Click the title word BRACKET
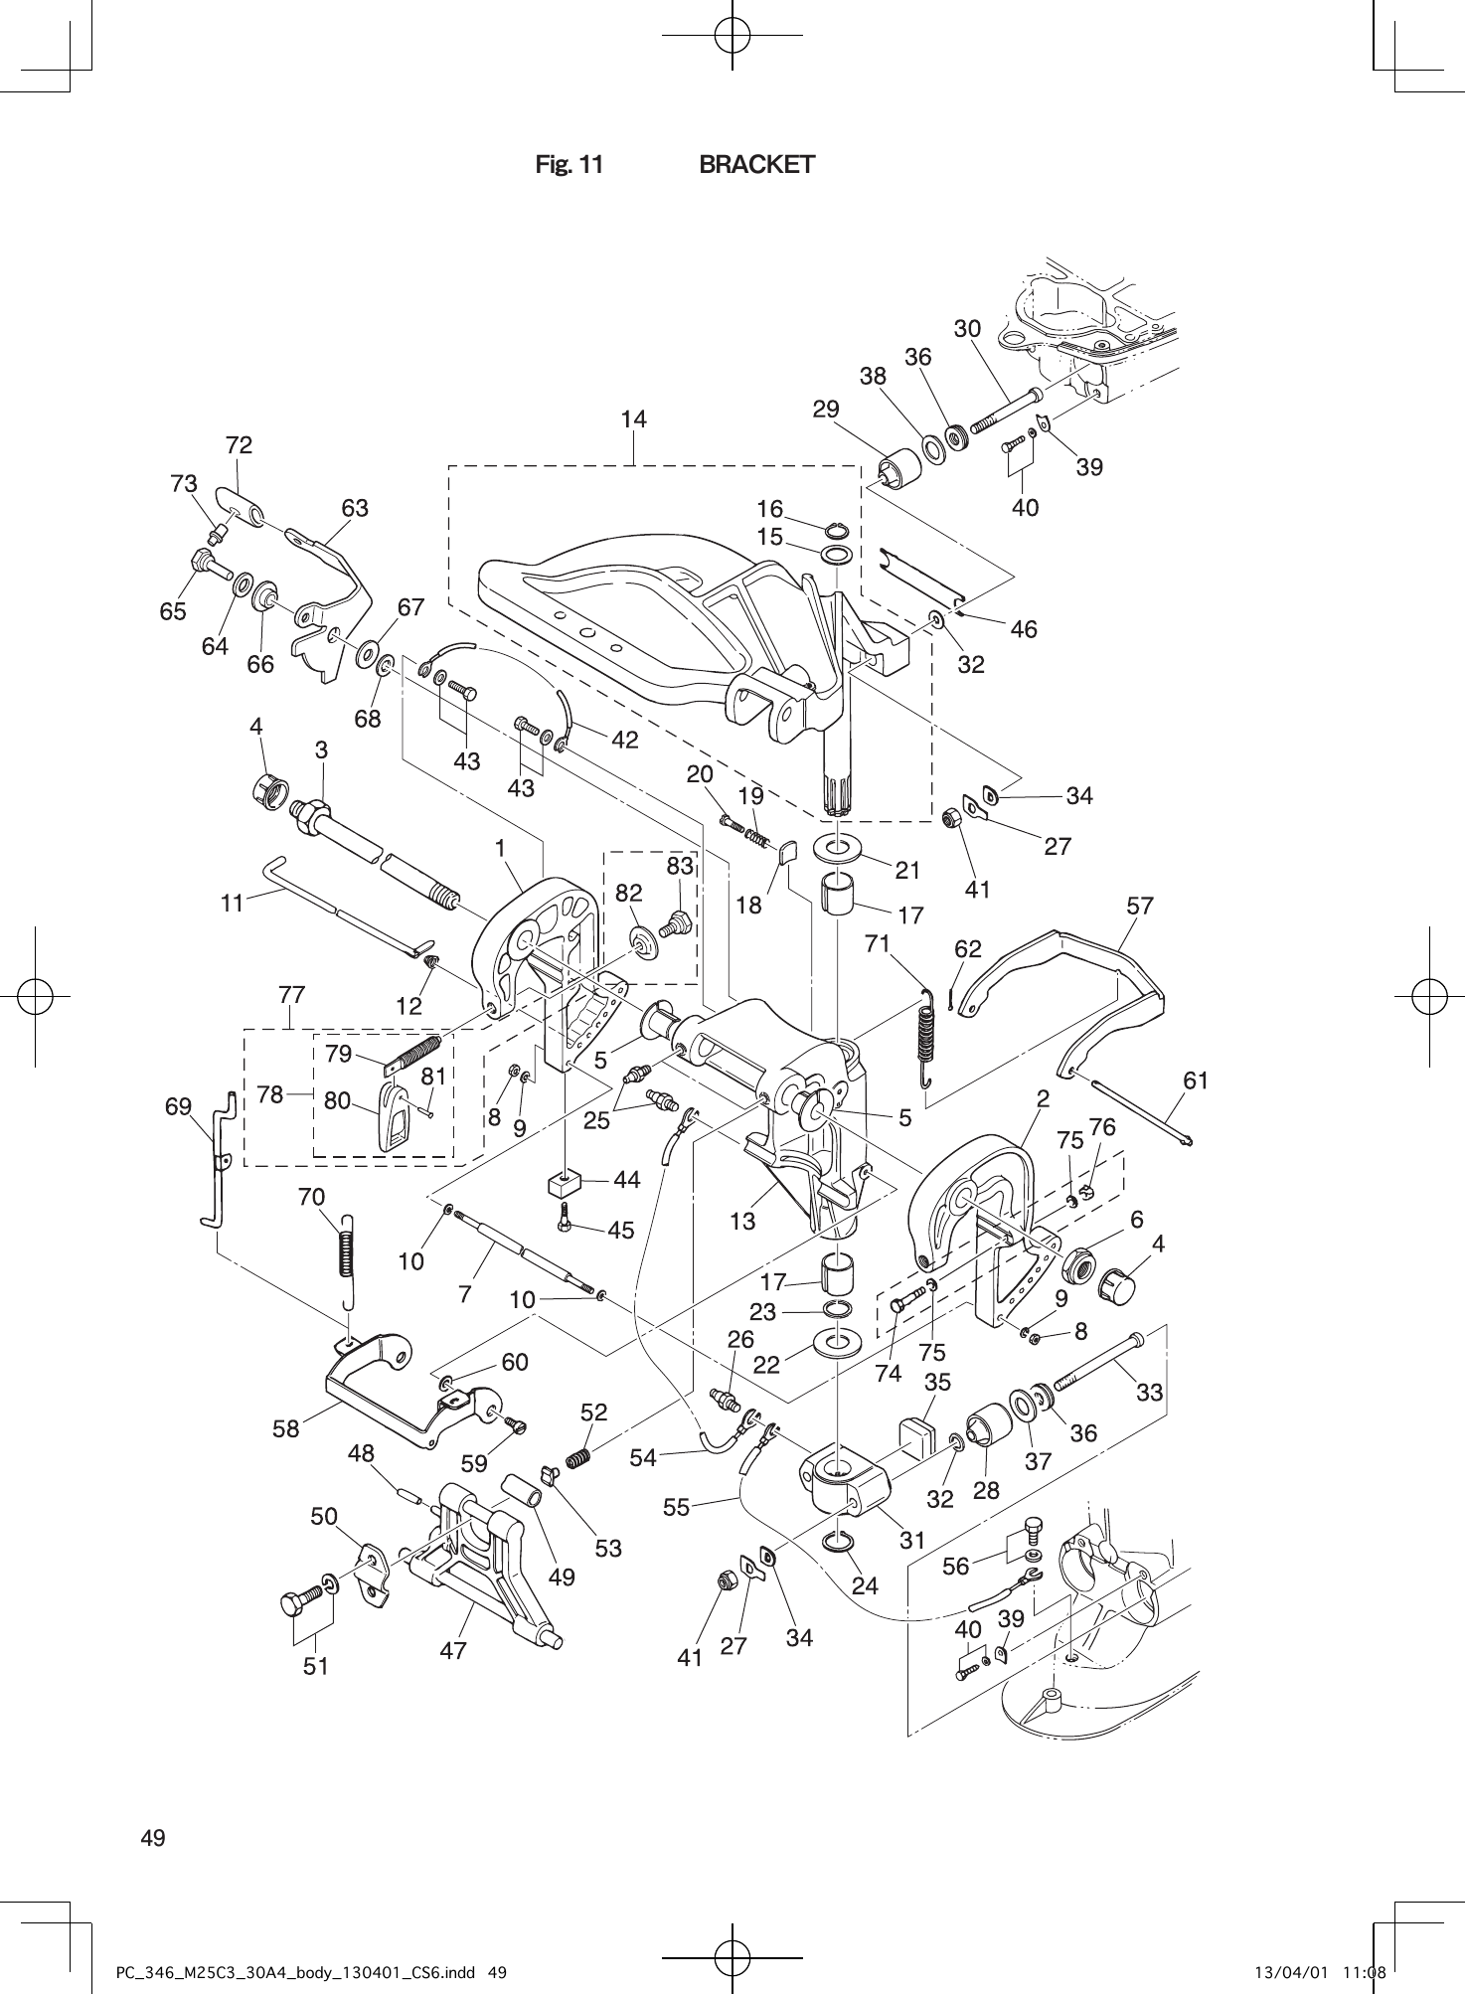[756, 165]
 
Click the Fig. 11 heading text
[569, 165]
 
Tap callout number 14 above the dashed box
[633, 419]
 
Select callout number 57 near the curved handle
[1140, 906]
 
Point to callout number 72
[239, 445]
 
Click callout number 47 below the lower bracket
[453, 1651]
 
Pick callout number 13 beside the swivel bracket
[742, 1221]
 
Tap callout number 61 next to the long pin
[1196, 1080]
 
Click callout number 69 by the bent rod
[178, 1106]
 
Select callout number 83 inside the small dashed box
[680, 866]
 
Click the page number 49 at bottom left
[153, 1838]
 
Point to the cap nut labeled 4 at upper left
[266, 790]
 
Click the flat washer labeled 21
[838, 849]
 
